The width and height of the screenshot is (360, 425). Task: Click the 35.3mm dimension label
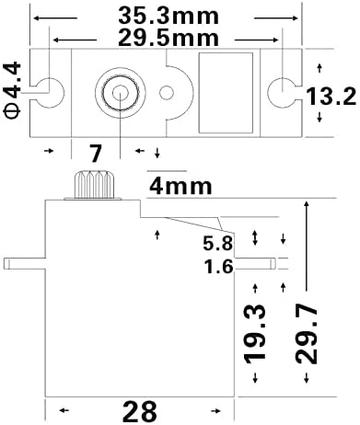tap(168, 16)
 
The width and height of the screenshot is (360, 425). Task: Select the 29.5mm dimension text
tap(168, 38)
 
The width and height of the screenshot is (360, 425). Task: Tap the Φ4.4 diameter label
tap(12, 90)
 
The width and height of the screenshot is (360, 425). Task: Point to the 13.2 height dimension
tap(331, 97)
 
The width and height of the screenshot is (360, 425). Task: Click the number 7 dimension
tap(95, 154)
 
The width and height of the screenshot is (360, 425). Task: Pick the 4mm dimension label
tap(180, 186)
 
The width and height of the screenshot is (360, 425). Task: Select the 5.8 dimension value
tap(218, 244)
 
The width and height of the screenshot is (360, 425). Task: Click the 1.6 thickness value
tap(218, 266)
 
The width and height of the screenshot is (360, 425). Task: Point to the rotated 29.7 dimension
tap(307, 335)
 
